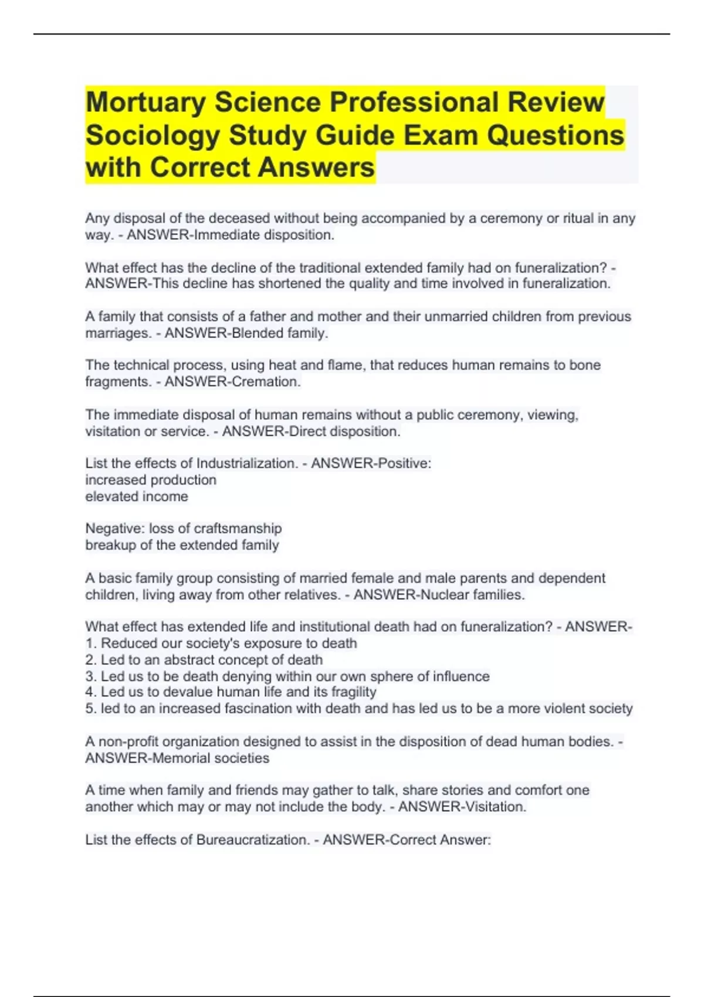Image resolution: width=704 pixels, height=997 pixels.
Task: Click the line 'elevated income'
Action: coord(137,497)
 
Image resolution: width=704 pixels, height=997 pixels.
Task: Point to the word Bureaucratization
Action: coord(252,840)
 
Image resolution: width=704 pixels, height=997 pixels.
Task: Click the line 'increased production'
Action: coord(151,480)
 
